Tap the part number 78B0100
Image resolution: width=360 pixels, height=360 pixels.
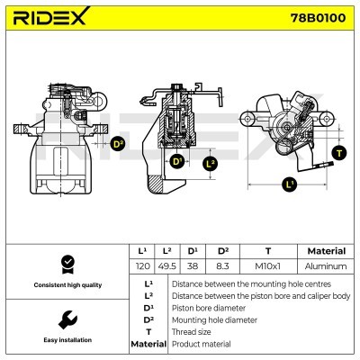[x=319, y=18]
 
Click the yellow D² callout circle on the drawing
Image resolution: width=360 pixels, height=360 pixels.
[x=118, y=144]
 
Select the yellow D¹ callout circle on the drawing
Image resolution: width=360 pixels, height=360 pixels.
[x=177, y=162]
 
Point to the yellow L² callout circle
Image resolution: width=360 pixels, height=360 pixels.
[x=211, y=164]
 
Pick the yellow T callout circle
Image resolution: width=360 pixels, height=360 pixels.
[x=339, y=154]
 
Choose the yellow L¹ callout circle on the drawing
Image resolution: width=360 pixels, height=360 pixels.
[x=290, y=184]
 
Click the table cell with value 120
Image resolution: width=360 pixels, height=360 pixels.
[x=142, y=266]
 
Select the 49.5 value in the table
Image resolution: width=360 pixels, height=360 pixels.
[x=167, y=266]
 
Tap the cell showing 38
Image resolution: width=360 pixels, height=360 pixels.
[x=193, y=266]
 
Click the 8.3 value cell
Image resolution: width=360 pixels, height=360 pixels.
[x=222, y=266]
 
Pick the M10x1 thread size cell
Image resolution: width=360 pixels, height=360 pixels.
[x=268, y=266]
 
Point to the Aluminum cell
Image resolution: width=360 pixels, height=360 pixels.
[x=326, y=266]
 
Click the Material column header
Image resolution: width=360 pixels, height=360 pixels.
[x=327, y=251]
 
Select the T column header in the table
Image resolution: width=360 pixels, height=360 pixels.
[x=268, y=251]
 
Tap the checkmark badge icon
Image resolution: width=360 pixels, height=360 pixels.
[x=67, y=265]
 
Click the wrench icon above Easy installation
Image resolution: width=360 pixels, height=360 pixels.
[x=67, y=319]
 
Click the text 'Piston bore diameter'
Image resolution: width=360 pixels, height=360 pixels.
[x=209, y=308]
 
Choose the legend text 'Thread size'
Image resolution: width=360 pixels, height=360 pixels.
[x=192, y=332]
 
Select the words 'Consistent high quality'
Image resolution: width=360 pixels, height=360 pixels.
[x=67, y=285]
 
